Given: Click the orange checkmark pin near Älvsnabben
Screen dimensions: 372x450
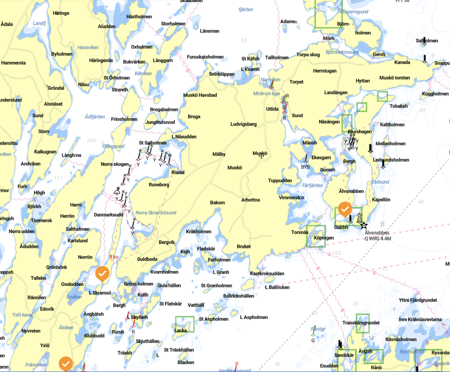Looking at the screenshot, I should tap(345, 208).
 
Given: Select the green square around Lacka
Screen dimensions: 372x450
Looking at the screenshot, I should tap(185, 325).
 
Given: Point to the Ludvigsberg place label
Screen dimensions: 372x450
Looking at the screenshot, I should tap(243, 124).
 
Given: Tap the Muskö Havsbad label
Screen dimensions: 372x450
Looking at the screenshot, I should tap(200, 95).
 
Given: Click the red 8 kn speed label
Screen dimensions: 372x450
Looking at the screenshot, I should tap(113, 257).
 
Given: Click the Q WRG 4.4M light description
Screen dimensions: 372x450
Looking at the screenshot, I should tap(377, 238).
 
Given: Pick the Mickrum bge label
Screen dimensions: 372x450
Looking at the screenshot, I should tap(266, 94).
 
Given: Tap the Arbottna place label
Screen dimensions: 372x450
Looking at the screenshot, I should tap(250, 200).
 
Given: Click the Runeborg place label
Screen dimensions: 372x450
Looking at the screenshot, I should tap(159, 185).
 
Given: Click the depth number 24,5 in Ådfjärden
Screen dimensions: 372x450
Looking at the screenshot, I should tap(91, 140).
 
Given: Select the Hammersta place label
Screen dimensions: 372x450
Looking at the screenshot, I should tap(13, 63).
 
